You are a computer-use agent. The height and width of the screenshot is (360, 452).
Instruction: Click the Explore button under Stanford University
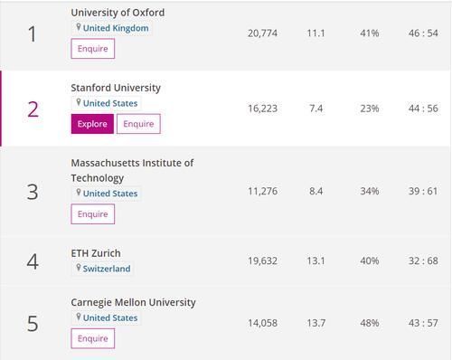click(92, 124)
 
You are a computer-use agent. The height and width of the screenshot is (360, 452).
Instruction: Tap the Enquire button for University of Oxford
click(92, 49)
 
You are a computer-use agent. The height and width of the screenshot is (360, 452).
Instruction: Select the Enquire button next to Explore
click(138, 124)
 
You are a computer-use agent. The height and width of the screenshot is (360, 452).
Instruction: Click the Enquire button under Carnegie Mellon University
click(92, 339)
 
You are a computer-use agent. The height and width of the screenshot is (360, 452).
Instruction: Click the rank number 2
click(33, 109)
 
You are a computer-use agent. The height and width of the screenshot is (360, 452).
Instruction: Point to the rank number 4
click(33, 262)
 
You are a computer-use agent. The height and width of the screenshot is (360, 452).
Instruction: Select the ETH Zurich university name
click(96, 253)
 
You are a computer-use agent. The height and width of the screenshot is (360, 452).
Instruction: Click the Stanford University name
click(116, 88)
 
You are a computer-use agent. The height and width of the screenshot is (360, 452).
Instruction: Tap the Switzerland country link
click(107, 269)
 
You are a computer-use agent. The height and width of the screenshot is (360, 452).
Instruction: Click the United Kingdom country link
click(115, 28)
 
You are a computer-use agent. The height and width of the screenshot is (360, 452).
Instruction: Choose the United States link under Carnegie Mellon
click(109, 318)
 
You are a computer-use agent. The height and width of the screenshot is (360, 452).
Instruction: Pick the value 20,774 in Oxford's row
click(262, 33)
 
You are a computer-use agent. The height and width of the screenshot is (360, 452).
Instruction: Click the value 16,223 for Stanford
click(262, 109)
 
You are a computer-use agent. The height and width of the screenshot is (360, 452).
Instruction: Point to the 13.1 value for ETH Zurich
click(315, 261)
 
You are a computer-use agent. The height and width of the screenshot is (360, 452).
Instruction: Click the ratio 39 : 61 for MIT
click(421, 192)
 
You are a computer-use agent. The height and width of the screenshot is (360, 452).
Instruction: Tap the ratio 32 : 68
click(421, 261)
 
